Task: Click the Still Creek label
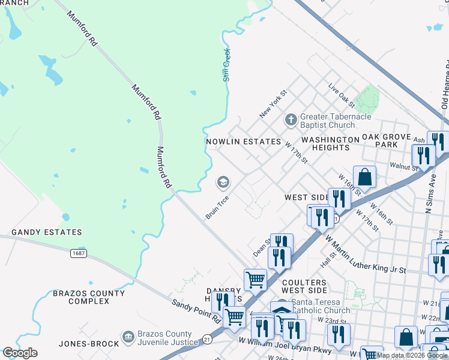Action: [226, 64]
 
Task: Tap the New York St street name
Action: [274, 104]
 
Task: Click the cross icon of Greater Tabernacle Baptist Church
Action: [291, 120]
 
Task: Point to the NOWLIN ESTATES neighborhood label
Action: [243, 142]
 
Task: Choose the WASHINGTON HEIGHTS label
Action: [330, 143]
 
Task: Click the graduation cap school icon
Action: [223, 181]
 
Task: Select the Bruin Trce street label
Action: [217, 206]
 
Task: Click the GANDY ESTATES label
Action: [47, 232]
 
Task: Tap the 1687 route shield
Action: [78, 253]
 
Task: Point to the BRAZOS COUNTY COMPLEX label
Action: [89, 297]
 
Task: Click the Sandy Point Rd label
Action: [195, 312]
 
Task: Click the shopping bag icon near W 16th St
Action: [364, 178]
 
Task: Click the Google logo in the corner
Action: [19, 353]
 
